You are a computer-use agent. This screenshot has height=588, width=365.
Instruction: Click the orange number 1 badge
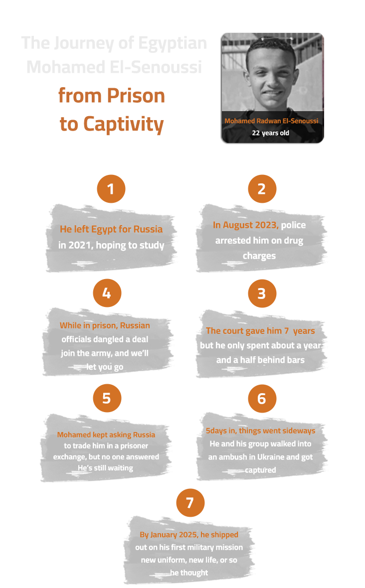tap(111, 189)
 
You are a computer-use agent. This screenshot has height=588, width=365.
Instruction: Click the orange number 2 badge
tap(262, 189)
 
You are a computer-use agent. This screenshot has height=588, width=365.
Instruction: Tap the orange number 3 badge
tap(262, 294)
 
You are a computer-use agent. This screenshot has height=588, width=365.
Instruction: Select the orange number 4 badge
tap(107, 293)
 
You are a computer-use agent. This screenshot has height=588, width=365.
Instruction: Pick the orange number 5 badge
tap(107, 398)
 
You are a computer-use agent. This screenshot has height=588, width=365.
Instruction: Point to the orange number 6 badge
tap(262, 398)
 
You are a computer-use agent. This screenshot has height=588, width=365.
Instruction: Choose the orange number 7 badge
tap(190, 503)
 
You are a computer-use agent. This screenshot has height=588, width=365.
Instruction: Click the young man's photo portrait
tap(273, 75)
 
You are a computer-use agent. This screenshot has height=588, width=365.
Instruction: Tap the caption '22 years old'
tap(270, 133)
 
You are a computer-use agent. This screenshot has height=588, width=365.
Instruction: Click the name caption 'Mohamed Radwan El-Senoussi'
tap(271, 121)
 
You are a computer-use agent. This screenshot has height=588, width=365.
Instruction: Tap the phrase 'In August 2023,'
tap(245, 225)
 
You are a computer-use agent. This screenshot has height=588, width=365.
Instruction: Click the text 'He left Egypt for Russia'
tap(111, 229)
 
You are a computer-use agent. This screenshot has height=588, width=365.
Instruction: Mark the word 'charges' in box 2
tap(259, 256)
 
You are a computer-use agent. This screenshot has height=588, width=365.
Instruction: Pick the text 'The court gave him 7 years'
tap(260, 331)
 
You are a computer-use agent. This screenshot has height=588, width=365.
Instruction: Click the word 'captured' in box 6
tap(260, 470)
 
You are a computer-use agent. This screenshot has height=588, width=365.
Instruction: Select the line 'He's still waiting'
tap(106, 468)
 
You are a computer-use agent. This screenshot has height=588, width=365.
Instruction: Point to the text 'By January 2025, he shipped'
tap(189, 535)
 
